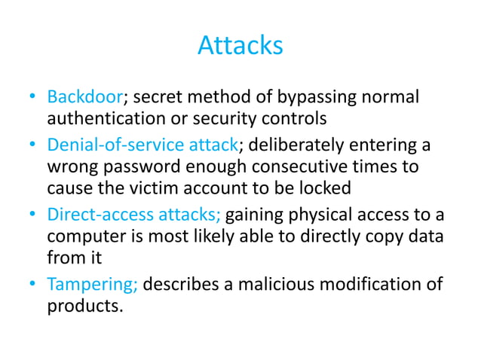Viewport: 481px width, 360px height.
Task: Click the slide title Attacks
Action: coord(240,47)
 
